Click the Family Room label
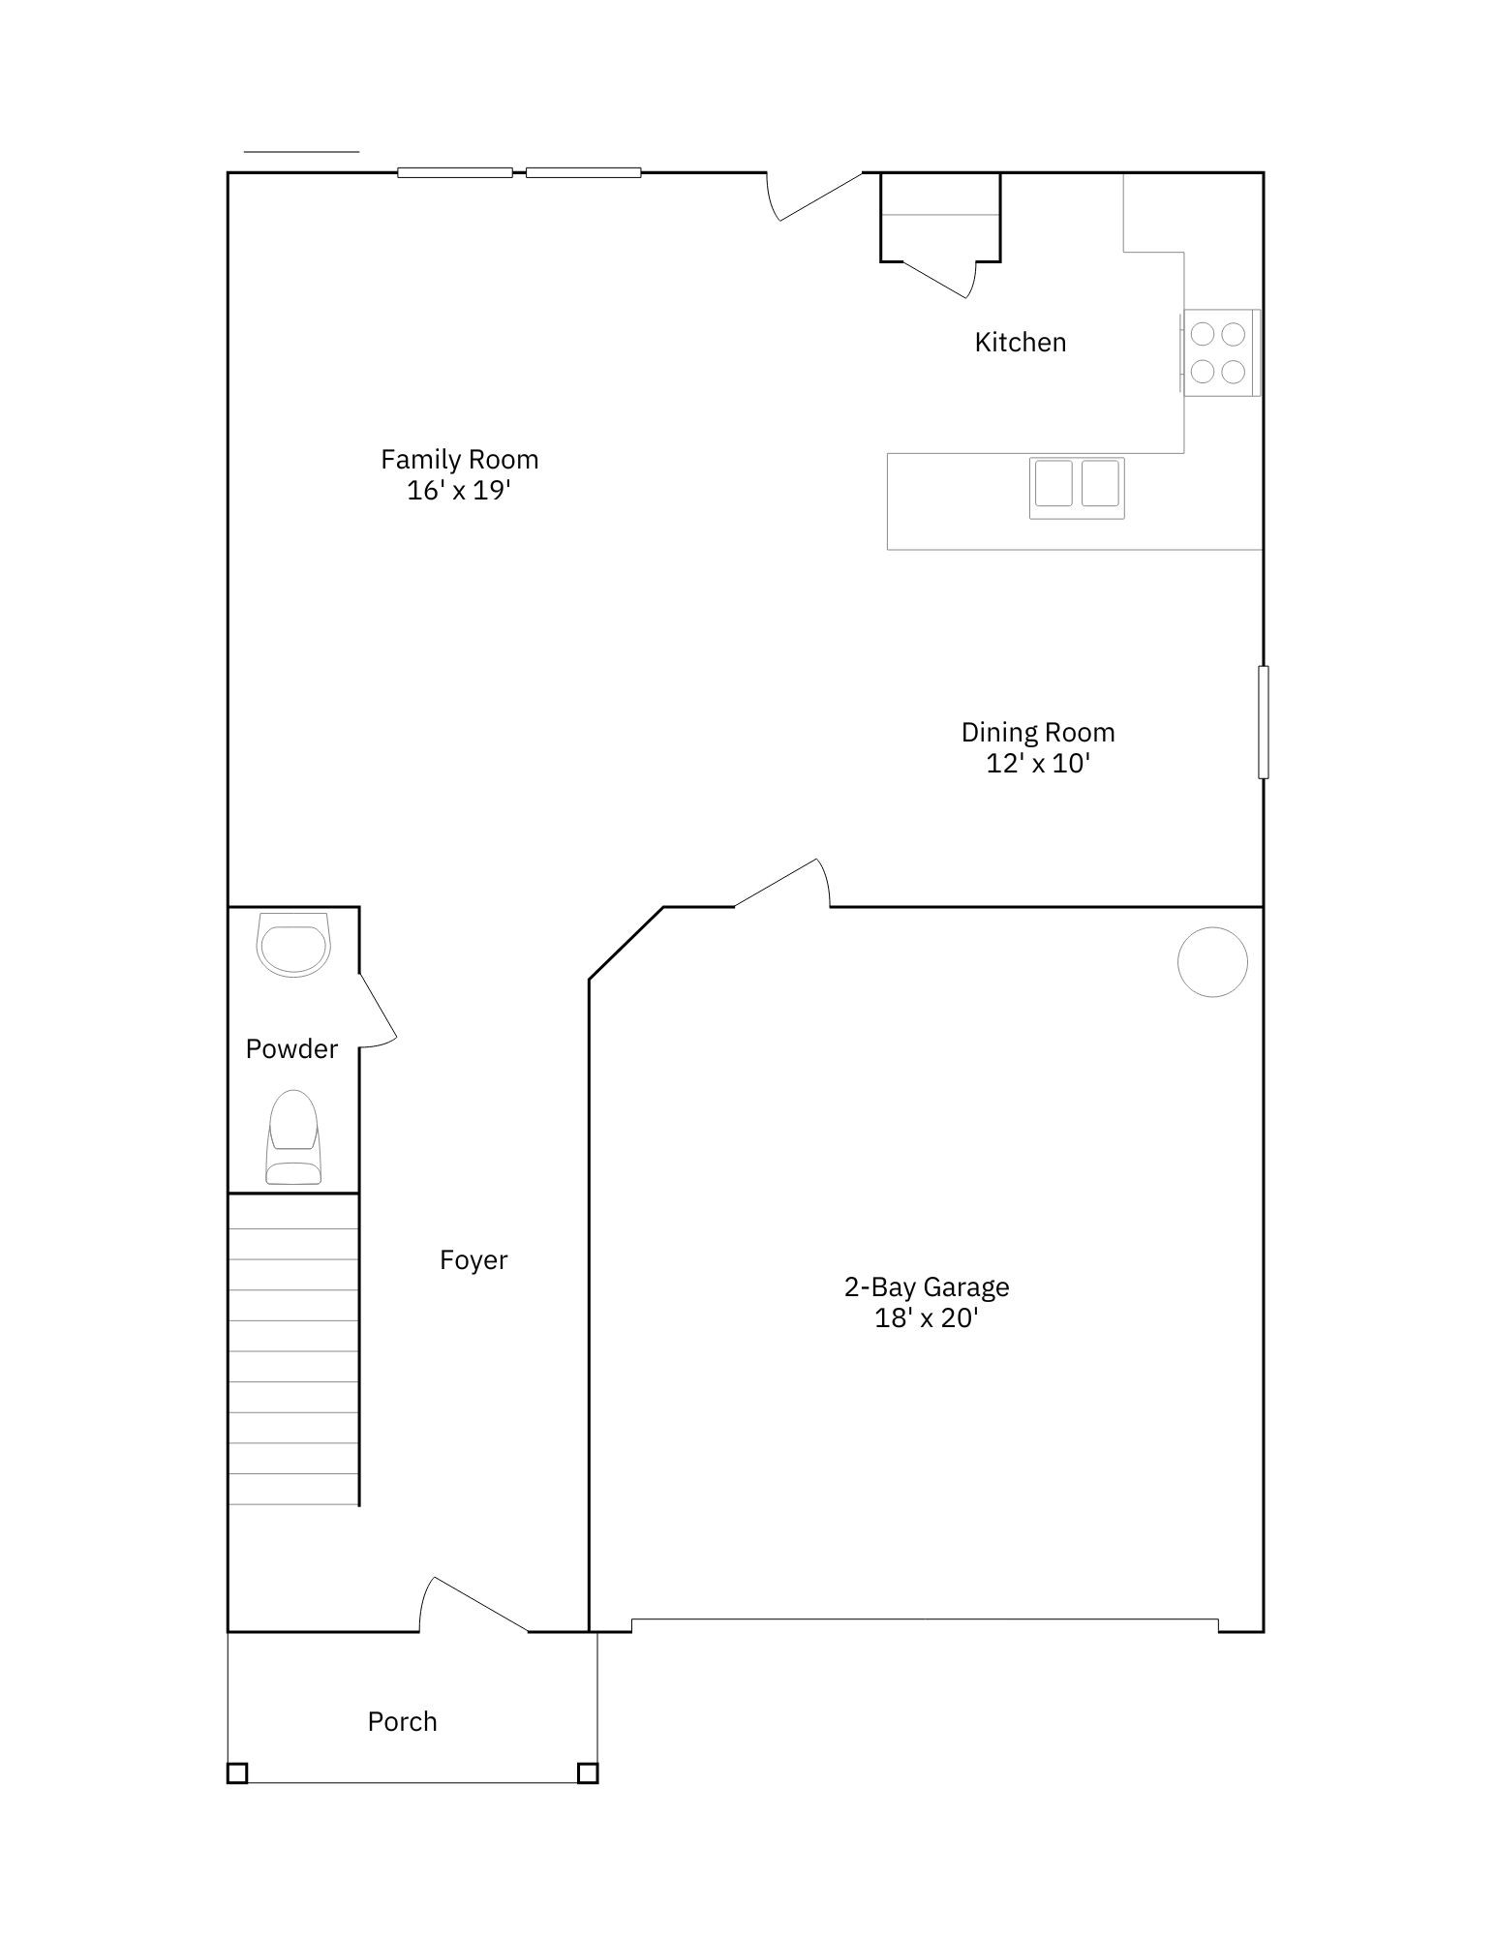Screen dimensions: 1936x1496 459,459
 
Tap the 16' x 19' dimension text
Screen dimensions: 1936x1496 458,491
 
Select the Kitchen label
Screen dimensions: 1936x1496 1020,342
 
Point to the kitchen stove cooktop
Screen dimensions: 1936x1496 1218,352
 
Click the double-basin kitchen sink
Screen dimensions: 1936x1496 1077,484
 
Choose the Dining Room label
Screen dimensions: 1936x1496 1037,732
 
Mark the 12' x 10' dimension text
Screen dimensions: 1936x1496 1037,764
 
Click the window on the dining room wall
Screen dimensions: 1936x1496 1263,721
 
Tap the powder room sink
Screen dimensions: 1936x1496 293,946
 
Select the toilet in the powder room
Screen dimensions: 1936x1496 293,1136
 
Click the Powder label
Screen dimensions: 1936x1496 291,1048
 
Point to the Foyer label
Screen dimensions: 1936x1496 473,1259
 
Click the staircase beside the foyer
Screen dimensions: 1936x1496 293,1350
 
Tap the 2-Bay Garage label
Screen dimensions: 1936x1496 927,1286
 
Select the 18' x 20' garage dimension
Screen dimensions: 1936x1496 927,1318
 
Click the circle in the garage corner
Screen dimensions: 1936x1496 1212,961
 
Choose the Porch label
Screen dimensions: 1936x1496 402,1721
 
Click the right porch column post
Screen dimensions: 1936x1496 587,1772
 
